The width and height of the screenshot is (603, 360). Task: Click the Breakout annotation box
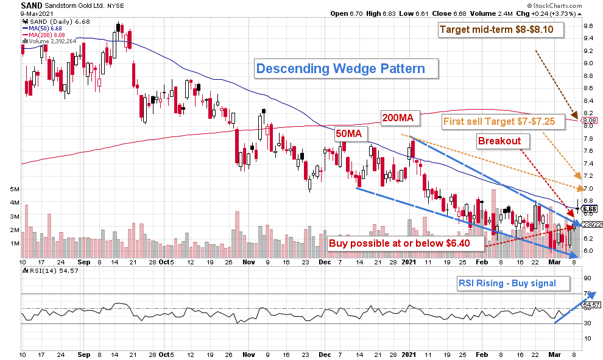click(499, 141)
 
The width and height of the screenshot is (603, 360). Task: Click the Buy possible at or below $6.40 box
click(405, 243)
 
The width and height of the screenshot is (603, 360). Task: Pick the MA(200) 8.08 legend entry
click(46, 34)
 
